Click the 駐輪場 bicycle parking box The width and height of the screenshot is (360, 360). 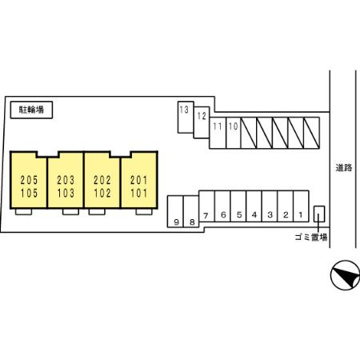[x=31, y=110]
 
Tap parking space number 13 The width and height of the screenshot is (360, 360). [x=186, y=117]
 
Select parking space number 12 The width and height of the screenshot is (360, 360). [x=202, y=122]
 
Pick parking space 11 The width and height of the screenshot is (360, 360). [x=218, y=133]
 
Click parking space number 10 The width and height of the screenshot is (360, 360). [x=234, y=133]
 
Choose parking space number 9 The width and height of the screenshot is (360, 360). [x=175, y=211]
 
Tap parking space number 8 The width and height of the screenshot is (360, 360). [x=191, y=211]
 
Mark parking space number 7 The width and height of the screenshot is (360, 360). [x=206, y=206]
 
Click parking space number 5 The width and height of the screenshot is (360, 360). [x=238, y=206]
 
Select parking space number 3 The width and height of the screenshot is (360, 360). [x=270, y=206]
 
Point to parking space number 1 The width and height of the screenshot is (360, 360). [x=301, y=206]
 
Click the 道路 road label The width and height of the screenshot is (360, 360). [x=344, y=168]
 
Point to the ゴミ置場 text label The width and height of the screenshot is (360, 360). [x=311, y=237]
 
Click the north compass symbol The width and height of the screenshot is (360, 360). [x=345, y=275]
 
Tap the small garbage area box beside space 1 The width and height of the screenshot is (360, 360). [x=319, y=214]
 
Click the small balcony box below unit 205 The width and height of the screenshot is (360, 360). [x=23, y=212]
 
